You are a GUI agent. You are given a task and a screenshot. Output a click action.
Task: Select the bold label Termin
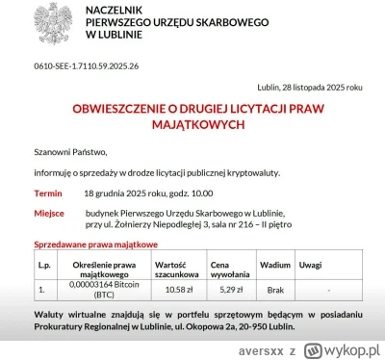pyautogui.click(x=49, y=193)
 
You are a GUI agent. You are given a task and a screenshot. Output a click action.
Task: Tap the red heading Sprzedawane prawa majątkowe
pyautogui.click(x=97, y=246)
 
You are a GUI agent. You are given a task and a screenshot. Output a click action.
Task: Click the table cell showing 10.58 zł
pyautogui.click(x=180, y=288)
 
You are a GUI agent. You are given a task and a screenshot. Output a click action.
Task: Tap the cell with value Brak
pyautogui.click(x=274, y=288)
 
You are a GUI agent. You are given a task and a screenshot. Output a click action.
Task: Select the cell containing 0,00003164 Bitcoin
pyautogui.click(x=104, y=288)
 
